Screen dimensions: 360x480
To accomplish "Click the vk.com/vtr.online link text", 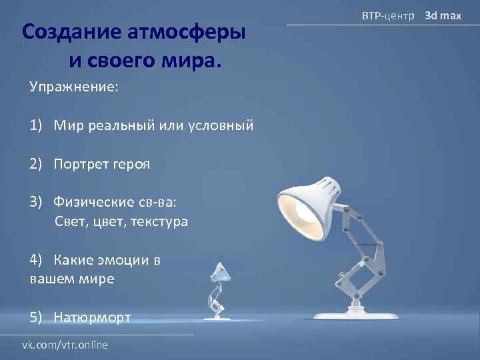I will coord(65,345).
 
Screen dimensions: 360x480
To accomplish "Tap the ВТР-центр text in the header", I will coord(387,15).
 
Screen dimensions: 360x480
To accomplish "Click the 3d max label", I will coord(443,15).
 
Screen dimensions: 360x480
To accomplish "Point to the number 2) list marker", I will coord(36,164).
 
